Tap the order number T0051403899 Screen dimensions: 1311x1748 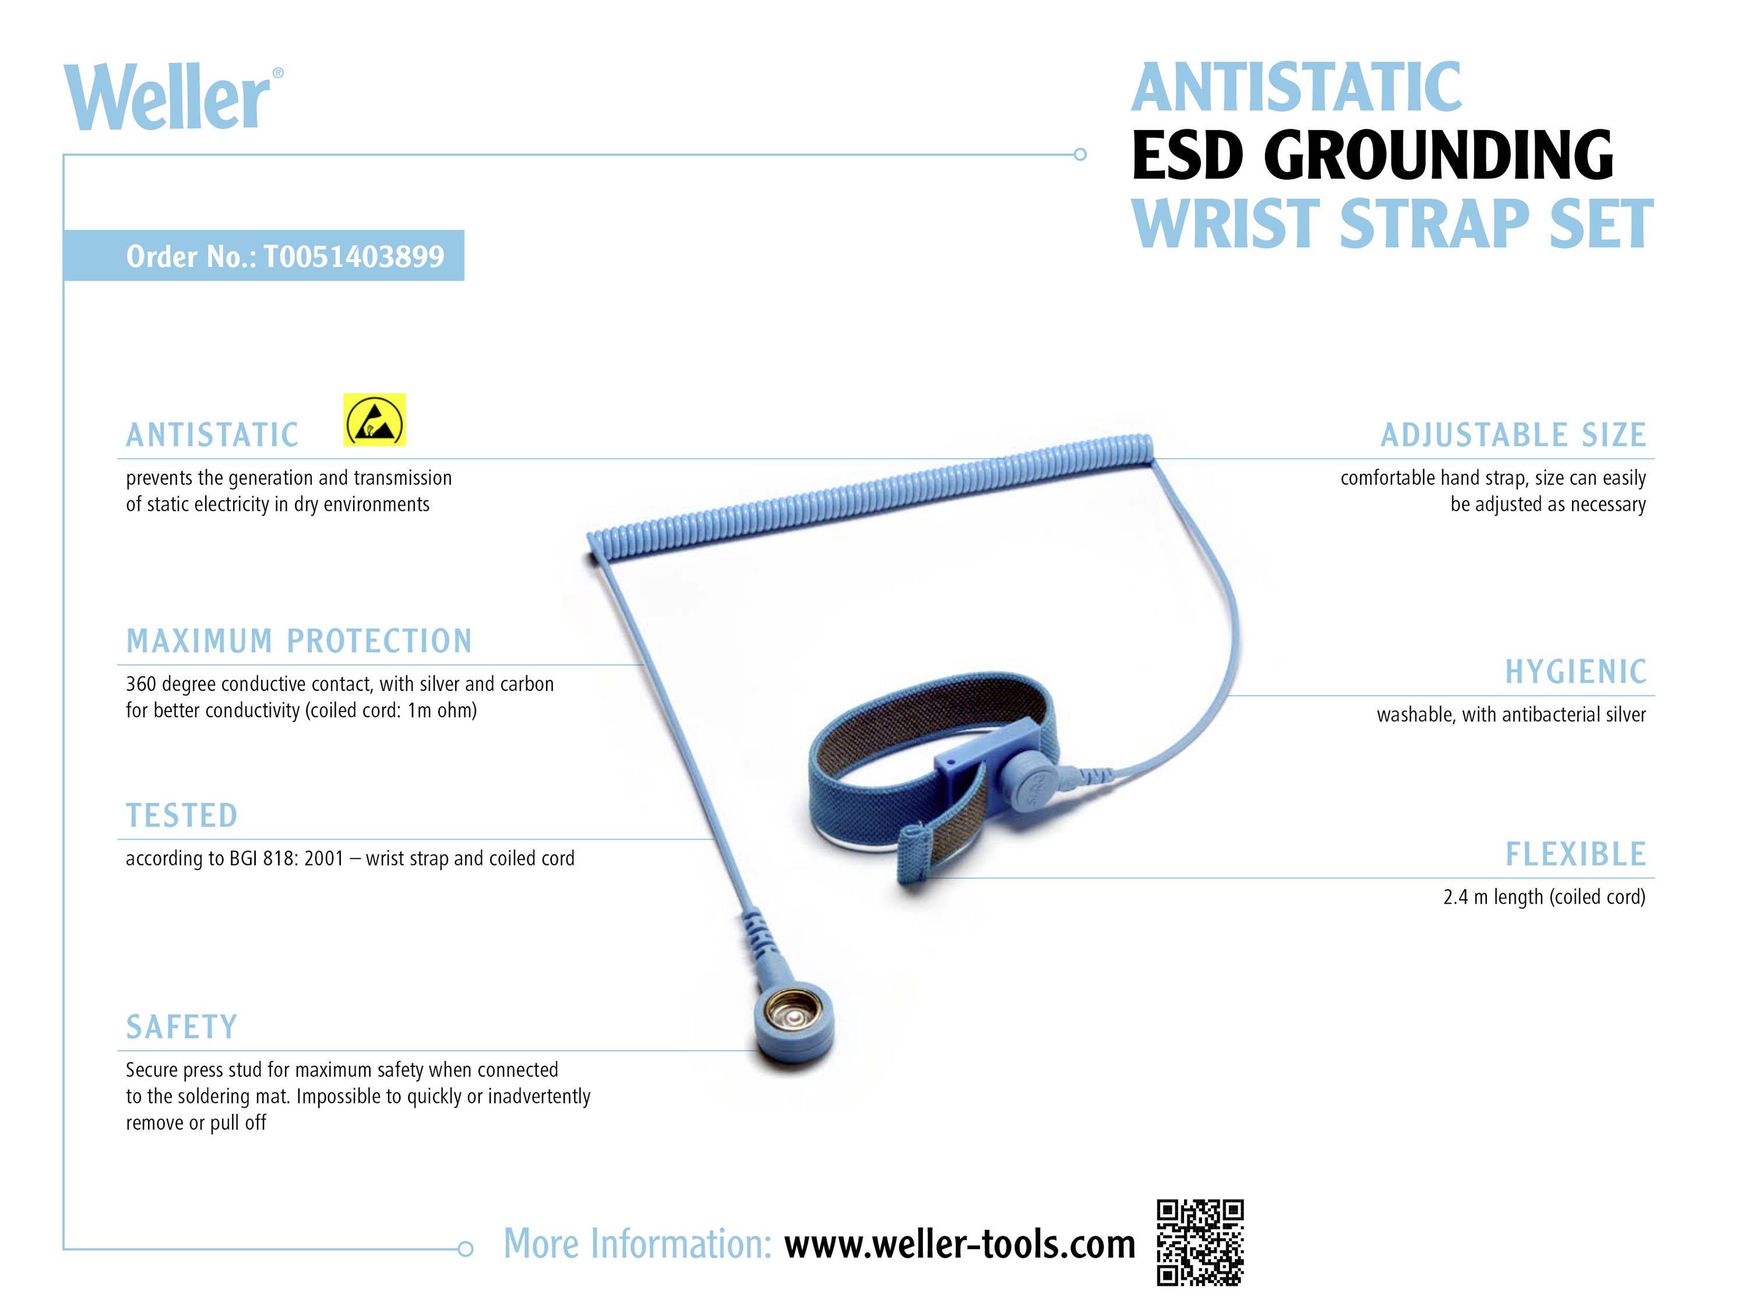(x=353, y=256)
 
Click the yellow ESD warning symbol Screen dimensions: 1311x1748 (x=375, y=420)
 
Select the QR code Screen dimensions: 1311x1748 (x=1200, y=1242)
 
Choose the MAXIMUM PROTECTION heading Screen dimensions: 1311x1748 (x=299, y=641)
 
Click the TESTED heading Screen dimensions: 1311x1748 (x=182, y=816)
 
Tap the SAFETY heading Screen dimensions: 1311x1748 (x=182, y=1027)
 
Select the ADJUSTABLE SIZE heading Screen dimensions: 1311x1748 (x=1513, y=435)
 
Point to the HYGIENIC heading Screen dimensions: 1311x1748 (x=1576, y=672)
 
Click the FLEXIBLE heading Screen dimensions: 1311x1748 (x=1576, y=855)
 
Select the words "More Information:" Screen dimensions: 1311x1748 (x=637, y=1245)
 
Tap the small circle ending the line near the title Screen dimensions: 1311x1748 (x=1080, y=155)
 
